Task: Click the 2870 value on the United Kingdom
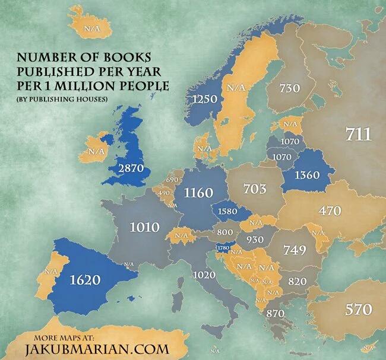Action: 131,168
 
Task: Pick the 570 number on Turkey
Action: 359,309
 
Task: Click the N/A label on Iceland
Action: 91,27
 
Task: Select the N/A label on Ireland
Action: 95,151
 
